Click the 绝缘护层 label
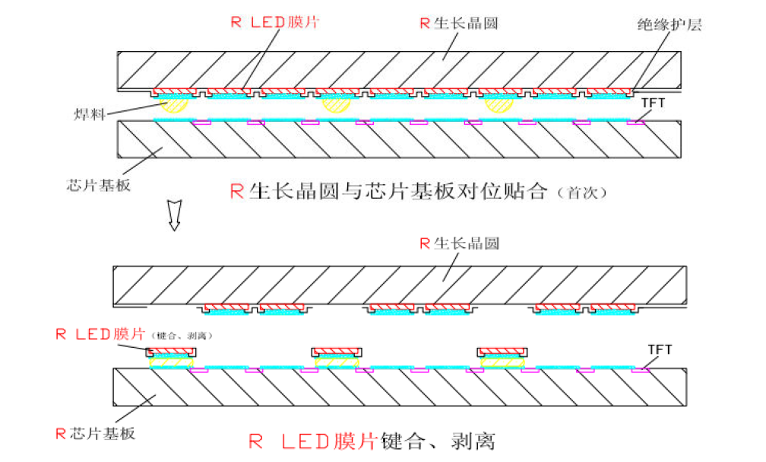[669, 24]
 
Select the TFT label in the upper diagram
[653, 101]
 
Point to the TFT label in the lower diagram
[660, 350]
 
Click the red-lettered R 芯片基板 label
[95, 434]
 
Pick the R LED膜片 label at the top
[274, 21]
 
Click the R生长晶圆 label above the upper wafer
[459, 23]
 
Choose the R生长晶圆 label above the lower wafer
[459, 244]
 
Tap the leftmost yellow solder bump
[174, 104]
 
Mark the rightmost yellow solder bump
[499, 104]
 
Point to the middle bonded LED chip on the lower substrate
[337, 355]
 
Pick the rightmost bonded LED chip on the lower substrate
[502, 355]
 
